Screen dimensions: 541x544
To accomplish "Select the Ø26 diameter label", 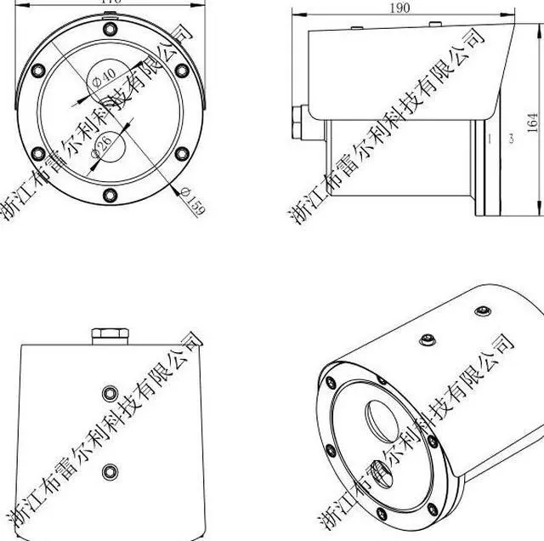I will [100, 145].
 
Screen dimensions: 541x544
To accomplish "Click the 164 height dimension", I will [533, 122].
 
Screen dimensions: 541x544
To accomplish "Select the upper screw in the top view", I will [109, 392].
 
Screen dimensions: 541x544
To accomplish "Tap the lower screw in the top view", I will [109, 470].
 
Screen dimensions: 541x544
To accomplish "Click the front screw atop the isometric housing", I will [428, 341].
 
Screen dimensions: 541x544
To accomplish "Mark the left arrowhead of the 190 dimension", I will [297, 14].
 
